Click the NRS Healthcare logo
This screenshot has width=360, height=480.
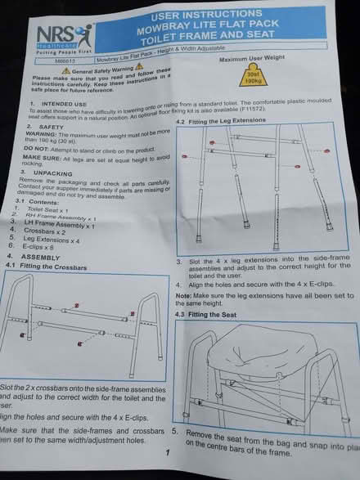tap(60, 34)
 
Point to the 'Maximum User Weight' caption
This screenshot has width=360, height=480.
tap(251, 60)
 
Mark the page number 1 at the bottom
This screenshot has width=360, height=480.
tap(167, 451)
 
